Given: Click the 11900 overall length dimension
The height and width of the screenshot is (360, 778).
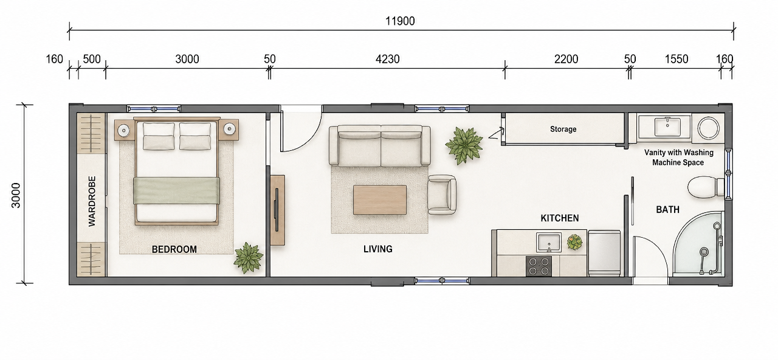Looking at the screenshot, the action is [x=400, y=21].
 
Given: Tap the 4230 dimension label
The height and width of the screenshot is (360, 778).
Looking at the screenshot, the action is [x=388, y=59].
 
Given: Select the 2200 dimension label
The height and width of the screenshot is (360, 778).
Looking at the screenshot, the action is [x=566, y=59].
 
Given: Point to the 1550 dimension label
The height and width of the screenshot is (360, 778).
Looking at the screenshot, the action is [x=676, y=59].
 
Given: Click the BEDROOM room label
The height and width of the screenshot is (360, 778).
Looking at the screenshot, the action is [x=174, y=249].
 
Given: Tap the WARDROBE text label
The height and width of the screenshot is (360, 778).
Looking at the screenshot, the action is [x=92, y=201].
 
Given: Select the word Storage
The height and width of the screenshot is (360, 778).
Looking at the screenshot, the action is [x=563, y=130].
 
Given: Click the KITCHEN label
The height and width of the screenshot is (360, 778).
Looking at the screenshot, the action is [x=560, y=218].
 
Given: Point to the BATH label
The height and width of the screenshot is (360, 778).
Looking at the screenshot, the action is [x=667, y=210].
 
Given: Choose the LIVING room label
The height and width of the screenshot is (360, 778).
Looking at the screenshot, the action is [x=378, y=249].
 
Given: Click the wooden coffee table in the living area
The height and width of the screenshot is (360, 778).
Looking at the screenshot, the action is [x=380, y=200].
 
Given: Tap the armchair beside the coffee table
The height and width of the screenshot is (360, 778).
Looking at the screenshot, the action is [x=442, y=194].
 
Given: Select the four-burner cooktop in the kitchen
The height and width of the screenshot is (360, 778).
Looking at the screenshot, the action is [x=539, y=266].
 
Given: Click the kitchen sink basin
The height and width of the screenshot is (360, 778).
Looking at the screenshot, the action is [x=549, y=242].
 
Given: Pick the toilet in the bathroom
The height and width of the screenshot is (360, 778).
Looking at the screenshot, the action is [x=706, y=187].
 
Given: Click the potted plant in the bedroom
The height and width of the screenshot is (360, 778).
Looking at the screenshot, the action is [x=248, y=257].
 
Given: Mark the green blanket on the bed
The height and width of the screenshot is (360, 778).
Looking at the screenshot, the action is [x=176, y=190].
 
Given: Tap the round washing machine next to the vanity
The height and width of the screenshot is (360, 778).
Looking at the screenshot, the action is [x=709, y=128].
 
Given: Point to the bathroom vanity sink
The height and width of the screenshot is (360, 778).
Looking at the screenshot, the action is [x=667, y=127].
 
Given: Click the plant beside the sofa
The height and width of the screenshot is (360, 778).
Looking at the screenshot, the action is [x=464, y=145].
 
